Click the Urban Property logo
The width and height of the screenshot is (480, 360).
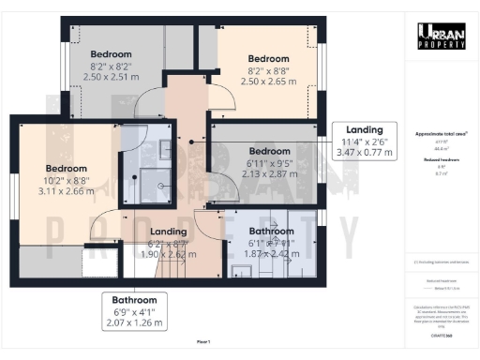441,36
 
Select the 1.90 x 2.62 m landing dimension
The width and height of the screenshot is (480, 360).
169,253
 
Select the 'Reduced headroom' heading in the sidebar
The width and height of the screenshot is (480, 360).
441,160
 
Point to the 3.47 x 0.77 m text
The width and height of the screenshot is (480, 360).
364,151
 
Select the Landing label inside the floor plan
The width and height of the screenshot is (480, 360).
169,231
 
